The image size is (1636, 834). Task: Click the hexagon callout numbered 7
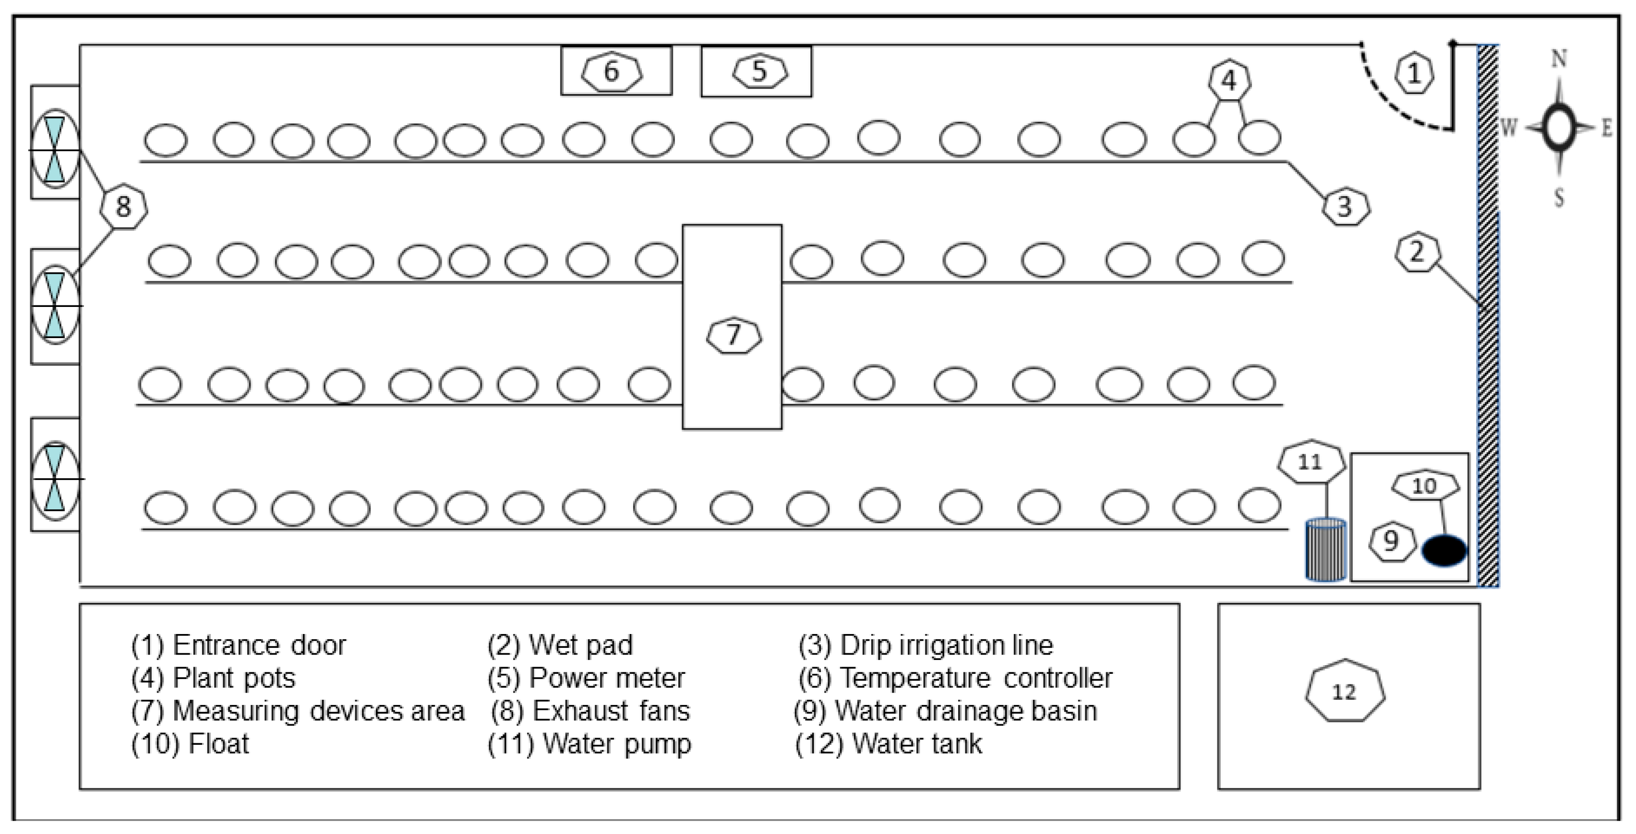click(x=734, y=335)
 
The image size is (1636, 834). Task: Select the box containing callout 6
click(x=616, y=71)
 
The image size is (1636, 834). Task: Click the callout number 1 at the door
click(x=1414, y=74)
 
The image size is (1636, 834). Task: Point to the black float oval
click(x=1444, y=550)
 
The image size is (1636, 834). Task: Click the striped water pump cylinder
click(x=1325, y=550)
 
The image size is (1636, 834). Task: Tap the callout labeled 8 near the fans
click(x=123, y=206)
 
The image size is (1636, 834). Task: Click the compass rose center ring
click(x=1559, y=127)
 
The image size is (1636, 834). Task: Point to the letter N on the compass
click(x=1559, y=59)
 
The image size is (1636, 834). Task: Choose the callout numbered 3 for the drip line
click(x=1345, y=206)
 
